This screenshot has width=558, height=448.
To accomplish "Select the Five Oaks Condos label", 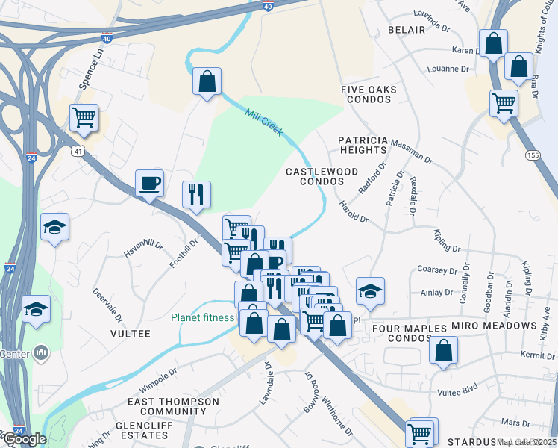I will tap(369, 94).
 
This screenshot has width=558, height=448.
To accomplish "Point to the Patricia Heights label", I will tap(363, 145).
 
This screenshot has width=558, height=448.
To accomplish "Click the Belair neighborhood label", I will tap(406, 30).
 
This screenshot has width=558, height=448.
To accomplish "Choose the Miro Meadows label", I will tap(494, 326).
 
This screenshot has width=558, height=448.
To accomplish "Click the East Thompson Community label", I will tap(173, 406).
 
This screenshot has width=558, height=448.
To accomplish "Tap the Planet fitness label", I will tap(202, 317).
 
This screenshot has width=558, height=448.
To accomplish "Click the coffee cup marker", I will tap(150, 182).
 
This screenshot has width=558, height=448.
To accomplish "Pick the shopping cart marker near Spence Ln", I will tap(84, 117).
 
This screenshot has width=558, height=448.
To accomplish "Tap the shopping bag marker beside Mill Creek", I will tap(207, 81).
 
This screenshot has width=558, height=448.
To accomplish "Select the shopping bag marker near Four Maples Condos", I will tap(443, 351).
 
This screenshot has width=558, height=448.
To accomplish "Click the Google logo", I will tap(24, 438).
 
